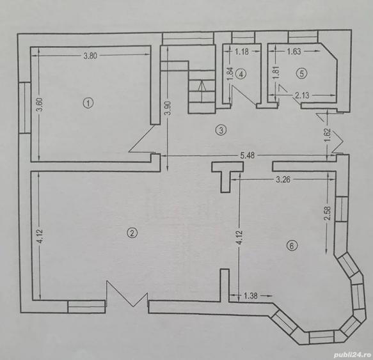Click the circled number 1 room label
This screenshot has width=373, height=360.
pos(88,104)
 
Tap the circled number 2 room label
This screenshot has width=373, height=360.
pos(132,233)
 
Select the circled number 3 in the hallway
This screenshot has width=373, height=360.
pos(221,130)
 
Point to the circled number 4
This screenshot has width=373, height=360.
pos(241,74)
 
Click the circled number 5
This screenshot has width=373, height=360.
pos(301,74)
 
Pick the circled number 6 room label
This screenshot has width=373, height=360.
pos(292,246)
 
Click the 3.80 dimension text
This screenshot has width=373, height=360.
pos(90,56)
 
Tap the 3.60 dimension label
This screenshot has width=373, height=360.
pos(40,104)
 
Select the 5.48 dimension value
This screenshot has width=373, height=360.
pos(248,155)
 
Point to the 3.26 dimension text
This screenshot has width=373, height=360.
pos(283,180)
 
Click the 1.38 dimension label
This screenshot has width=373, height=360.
pos(251,296)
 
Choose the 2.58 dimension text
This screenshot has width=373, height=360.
pos(328,214)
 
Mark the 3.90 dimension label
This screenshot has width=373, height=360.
pos(168,108)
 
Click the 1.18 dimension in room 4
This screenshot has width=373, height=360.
pos(242,52)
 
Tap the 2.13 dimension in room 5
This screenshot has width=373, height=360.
pos(302,95)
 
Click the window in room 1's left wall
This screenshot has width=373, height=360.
pos(25,107)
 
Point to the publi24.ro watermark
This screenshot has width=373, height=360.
pos(353,355)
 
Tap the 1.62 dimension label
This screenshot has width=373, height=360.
pos(328,135)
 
